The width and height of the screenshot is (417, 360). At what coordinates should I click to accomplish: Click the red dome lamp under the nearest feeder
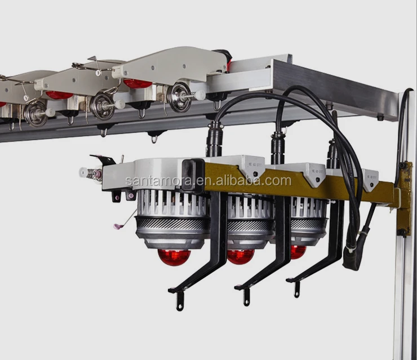172,257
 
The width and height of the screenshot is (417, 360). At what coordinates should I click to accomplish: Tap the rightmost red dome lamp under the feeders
298,252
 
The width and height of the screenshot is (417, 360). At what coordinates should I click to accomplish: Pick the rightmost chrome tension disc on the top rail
181,97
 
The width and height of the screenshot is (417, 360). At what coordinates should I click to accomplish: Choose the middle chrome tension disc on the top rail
102,105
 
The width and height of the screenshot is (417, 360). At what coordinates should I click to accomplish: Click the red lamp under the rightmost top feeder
137,83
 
